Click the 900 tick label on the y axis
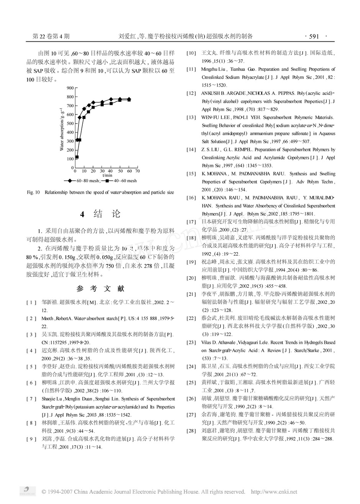[70, 88]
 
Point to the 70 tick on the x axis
[137, 171]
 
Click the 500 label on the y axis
[70, 123]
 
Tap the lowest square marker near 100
[77, 157]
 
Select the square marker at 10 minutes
[84, 117]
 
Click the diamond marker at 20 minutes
[93, 103]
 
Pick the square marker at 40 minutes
[111, 103]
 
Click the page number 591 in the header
[314, 37]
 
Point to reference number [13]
[191, 117]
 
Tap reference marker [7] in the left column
[31, 399]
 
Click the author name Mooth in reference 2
[47, 318]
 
